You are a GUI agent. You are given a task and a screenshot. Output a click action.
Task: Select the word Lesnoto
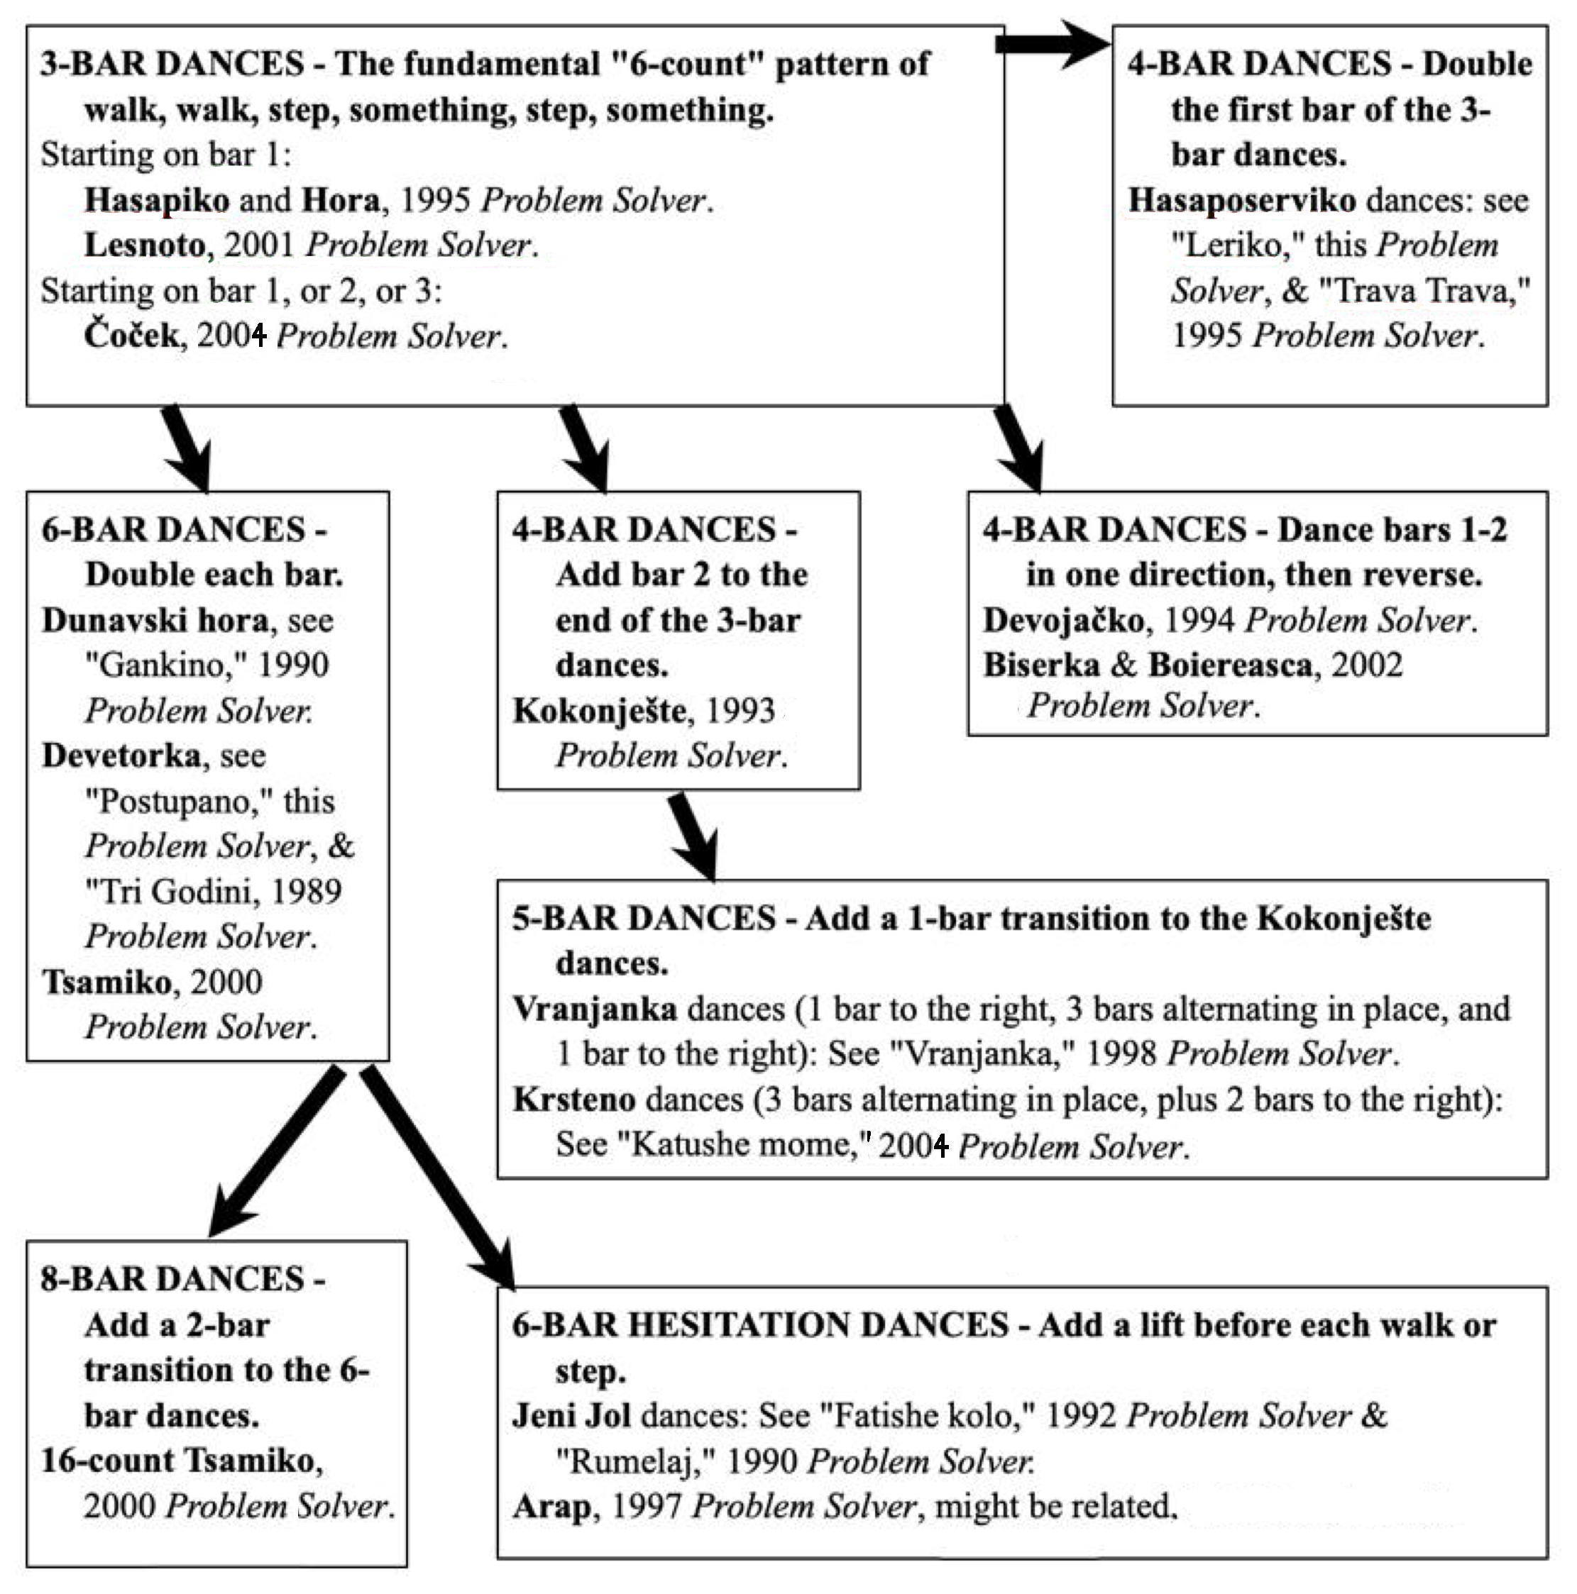[x=144, y=245]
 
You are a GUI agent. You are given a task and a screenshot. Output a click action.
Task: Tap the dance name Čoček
[x=131, y=335]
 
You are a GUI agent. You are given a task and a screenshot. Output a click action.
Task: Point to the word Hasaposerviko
[x=1242, y=201]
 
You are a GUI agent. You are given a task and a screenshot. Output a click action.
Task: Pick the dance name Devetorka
[x=121, y=756]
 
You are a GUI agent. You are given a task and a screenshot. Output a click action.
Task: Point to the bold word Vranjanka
[x=595, y=1009]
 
